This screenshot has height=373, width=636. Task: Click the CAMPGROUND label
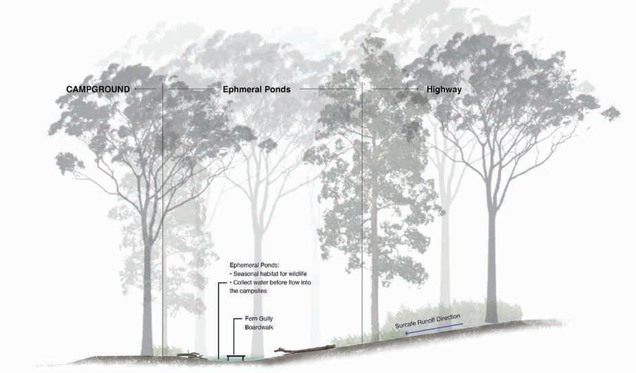pos(98,89)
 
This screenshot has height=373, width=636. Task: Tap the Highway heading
pos(444,89)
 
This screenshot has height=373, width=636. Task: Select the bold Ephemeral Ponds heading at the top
pos(257,89)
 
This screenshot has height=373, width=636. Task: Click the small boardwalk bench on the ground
pos(235,356)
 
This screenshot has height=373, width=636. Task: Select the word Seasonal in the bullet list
pos(248,273)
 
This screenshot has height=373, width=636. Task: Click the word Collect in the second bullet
pos(244,282)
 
